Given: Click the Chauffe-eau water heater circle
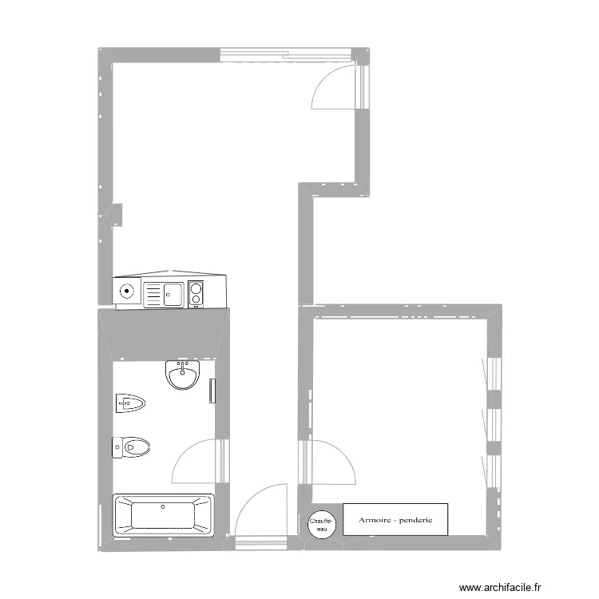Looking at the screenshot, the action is (322, 525).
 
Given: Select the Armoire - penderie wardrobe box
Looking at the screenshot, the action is (395, 520).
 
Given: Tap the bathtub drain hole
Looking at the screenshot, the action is (163, 507).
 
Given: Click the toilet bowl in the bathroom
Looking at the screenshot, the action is (137, 447).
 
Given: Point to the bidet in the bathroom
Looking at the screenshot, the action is (130, 403).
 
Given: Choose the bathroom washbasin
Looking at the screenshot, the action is (183, 375).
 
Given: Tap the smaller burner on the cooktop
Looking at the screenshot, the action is (196, 299).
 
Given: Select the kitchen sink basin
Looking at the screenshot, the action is (173, 294).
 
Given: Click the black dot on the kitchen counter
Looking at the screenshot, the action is (126, 292).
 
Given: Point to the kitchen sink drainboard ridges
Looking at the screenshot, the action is (153, 295).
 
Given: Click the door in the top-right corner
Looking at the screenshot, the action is (340, 87).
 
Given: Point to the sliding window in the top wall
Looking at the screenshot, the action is (286, 54).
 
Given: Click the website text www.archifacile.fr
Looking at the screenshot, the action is (500, 587).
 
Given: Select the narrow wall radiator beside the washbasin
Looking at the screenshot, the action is (212, 391).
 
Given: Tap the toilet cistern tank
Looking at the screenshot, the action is (117, 447).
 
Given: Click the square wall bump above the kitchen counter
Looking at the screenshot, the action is (116, 215).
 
